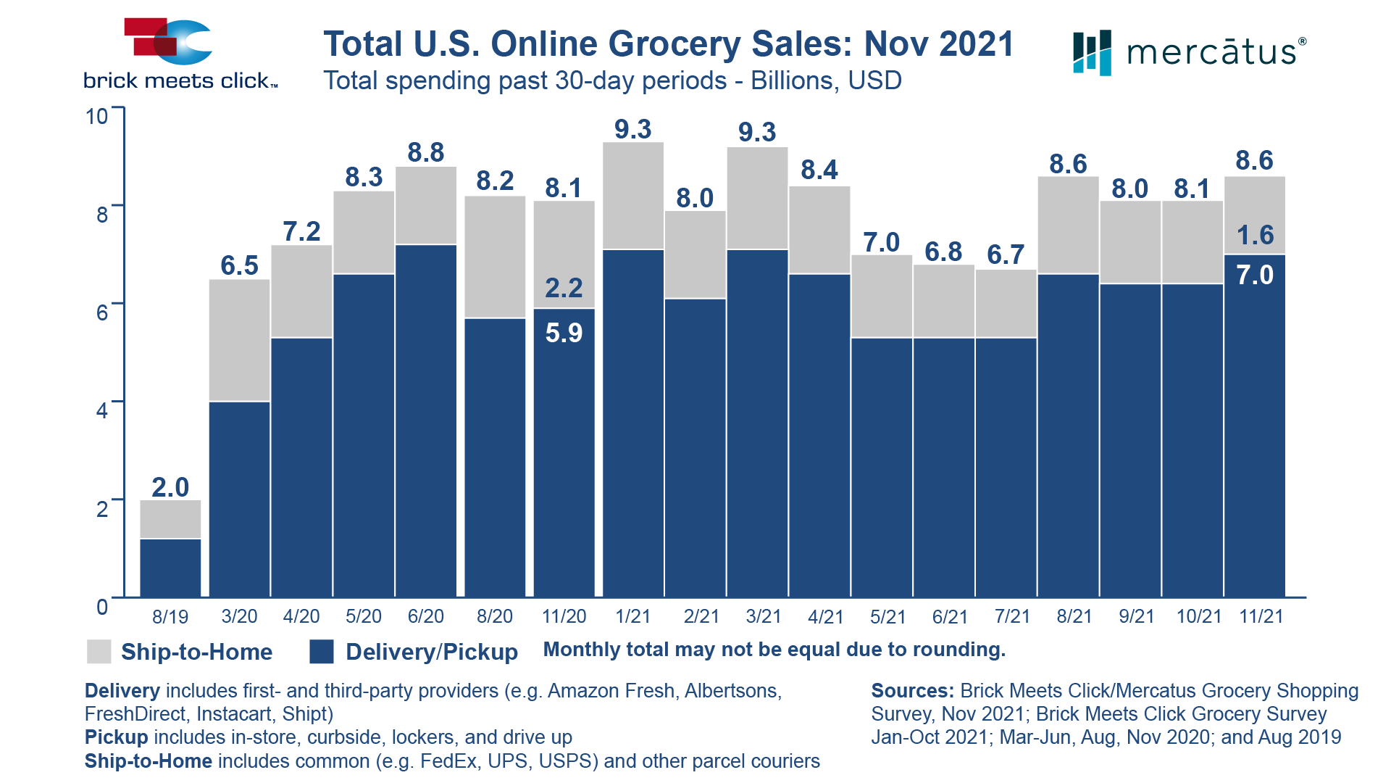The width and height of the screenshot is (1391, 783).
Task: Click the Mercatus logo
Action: click(1189, 52)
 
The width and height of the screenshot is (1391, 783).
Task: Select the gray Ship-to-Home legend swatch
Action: click(99, 652)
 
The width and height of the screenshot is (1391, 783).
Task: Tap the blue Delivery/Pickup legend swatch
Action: click(321, 652)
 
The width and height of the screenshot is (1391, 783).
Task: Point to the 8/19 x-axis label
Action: click(170, 617)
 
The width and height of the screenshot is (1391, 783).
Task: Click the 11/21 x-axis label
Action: click(1261, 617)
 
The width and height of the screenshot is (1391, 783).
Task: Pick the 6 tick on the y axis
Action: click(102, 312)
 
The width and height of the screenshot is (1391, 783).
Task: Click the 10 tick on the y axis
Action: click(97, 117)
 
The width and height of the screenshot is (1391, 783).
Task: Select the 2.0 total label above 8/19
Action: click(170, 487)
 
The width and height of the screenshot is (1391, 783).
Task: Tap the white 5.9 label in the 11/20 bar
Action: click(564, 333)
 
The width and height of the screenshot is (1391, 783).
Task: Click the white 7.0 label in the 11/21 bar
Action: click(1255, 275)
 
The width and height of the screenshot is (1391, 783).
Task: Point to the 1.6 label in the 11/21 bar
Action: click(1255, 235)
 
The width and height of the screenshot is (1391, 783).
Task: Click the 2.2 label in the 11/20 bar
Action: click(564, 288)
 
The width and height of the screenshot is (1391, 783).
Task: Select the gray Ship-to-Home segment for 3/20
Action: click(239, 339)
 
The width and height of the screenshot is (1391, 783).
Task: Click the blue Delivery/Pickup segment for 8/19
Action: click(170, 568)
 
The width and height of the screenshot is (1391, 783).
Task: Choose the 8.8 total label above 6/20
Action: click(426, 152)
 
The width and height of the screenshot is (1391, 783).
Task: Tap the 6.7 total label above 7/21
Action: click(1006, 254)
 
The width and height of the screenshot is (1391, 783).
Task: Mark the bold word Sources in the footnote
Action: click(911, 691)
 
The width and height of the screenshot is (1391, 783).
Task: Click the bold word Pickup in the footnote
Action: click(116, 737)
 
